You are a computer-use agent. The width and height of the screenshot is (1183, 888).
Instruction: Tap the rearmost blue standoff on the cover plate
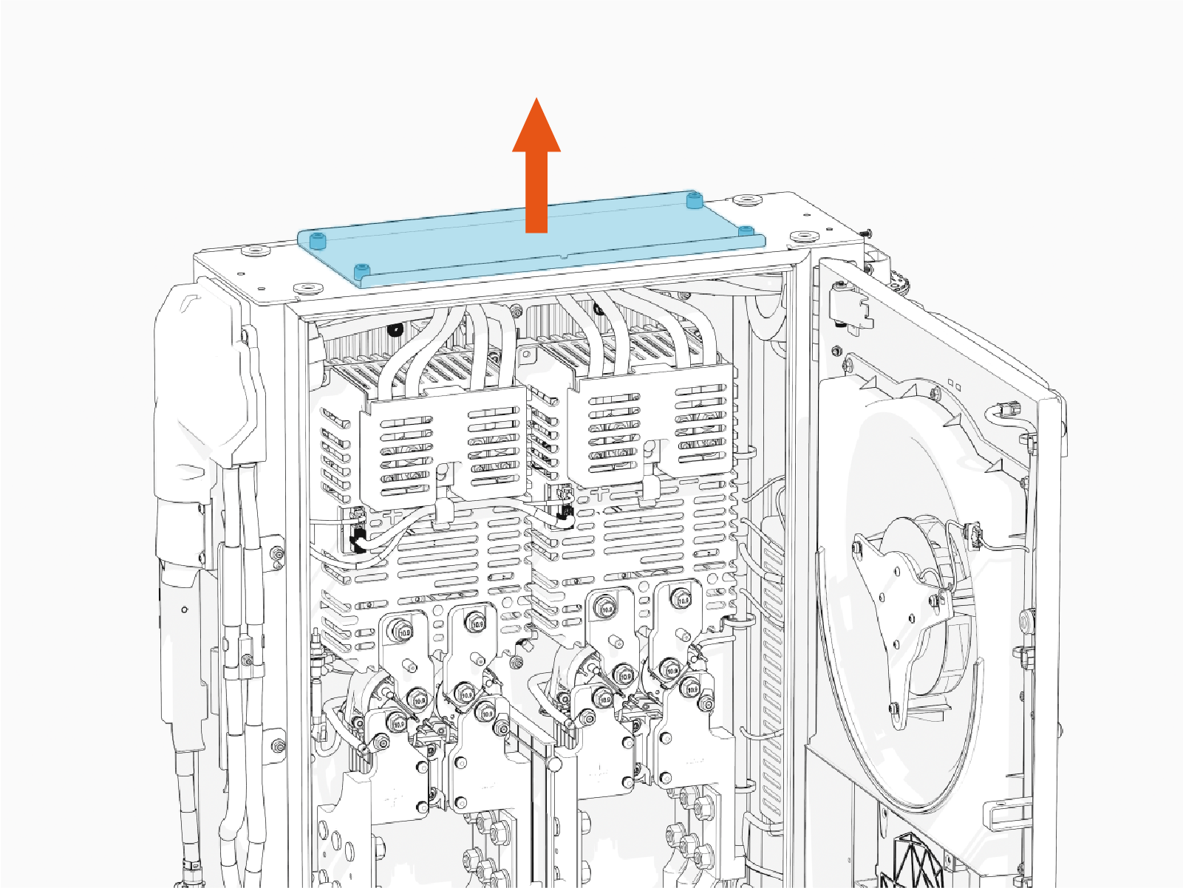[693, 200]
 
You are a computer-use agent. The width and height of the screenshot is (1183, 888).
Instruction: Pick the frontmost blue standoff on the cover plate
[361, 272]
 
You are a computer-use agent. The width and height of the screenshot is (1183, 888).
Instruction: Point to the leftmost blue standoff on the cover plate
[317, 241]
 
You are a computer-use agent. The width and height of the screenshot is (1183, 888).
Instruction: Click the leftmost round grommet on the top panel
[256, 251]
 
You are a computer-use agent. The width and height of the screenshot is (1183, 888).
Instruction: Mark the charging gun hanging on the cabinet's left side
[200, 414]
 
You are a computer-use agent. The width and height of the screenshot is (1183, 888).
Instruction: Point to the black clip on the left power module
[358, 541]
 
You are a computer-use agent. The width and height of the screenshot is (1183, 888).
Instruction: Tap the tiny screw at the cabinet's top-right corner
[865, 233]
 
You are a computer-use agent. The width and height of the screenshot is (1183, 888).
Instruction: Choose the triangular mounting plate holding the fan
[898, 613]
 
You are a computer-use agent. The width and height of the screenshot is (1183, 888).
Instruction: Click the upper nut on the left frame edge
[277, 553]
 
